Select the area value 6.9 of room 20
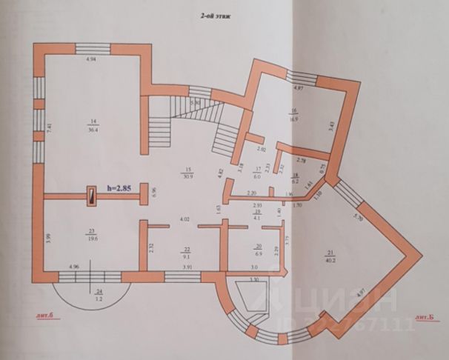point(259,254)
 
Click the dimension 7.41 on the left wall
point(50,126)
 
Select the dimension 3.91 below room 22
point(187,266)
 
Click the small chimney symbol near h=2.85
point(91,196)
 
